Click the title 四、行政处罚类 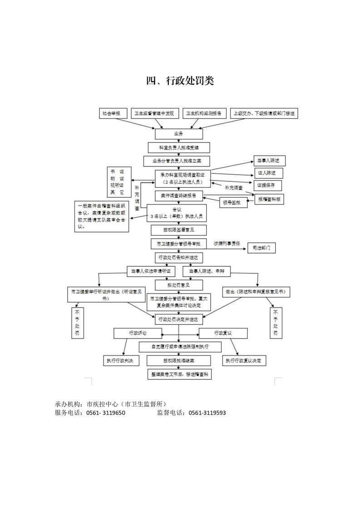pyautogui.click(x=180, y=81)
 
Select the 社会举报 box pyautogui.click(x=111, y=113)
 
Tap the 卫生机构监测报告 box pyautogui.click(x=204, y=113)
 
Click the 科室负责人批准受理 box pyautogui.click(x=178, y=147)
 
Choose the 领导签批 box pyautogui.click(x=233, y=202)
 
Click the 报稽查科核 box pyautogui.click(x=271, y=199)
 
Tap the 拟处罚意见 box pyautogui.click(x=172, y=285)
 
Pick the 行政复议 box pyautogui.click(x=223, y=333)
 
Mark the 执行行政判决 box pyautogui.click(x=121, y=361)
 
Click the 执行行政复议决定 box pyautogui.click(x=244, y=361)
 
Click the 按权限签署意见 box pyautogui.click(x=178, y=230)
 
